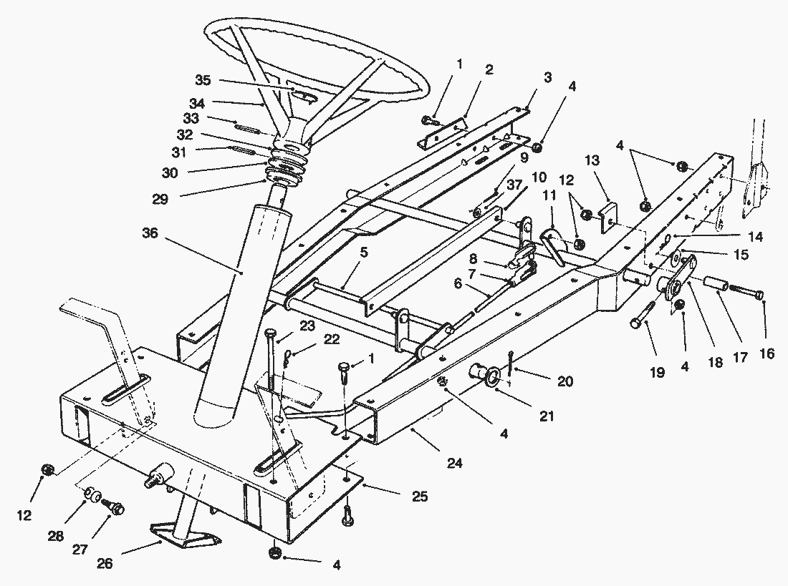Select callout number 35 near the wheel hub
tap(203, 79)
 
